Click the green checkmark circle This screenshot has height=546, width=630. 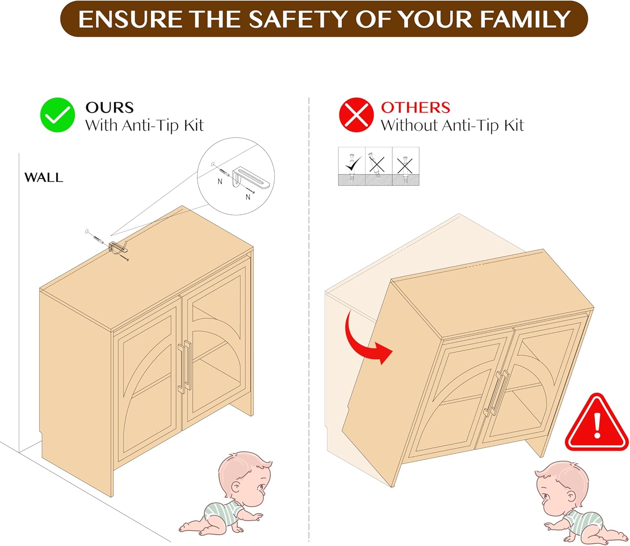(57, 115)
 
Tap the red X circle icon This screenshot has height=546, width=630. (356, 115)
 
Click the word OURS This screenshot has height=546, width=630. (110, 108)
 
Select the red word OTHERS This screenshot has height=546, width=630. (416, 108)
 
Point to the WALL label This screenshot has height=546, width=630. (44, 177)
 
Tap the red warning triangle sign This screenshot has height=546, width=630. (596, 423)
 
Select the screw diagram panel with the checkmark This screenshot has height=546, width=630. (352, 166)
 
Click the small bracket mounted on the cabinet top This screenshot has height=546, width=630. (118, 247)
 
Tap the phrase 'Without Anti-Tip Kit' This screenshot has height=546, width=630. (452, 126)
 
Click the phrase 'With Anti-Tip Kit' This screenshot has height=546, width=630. (144, 126)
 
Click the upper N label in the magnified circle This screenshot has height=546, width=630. (220, 182)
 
